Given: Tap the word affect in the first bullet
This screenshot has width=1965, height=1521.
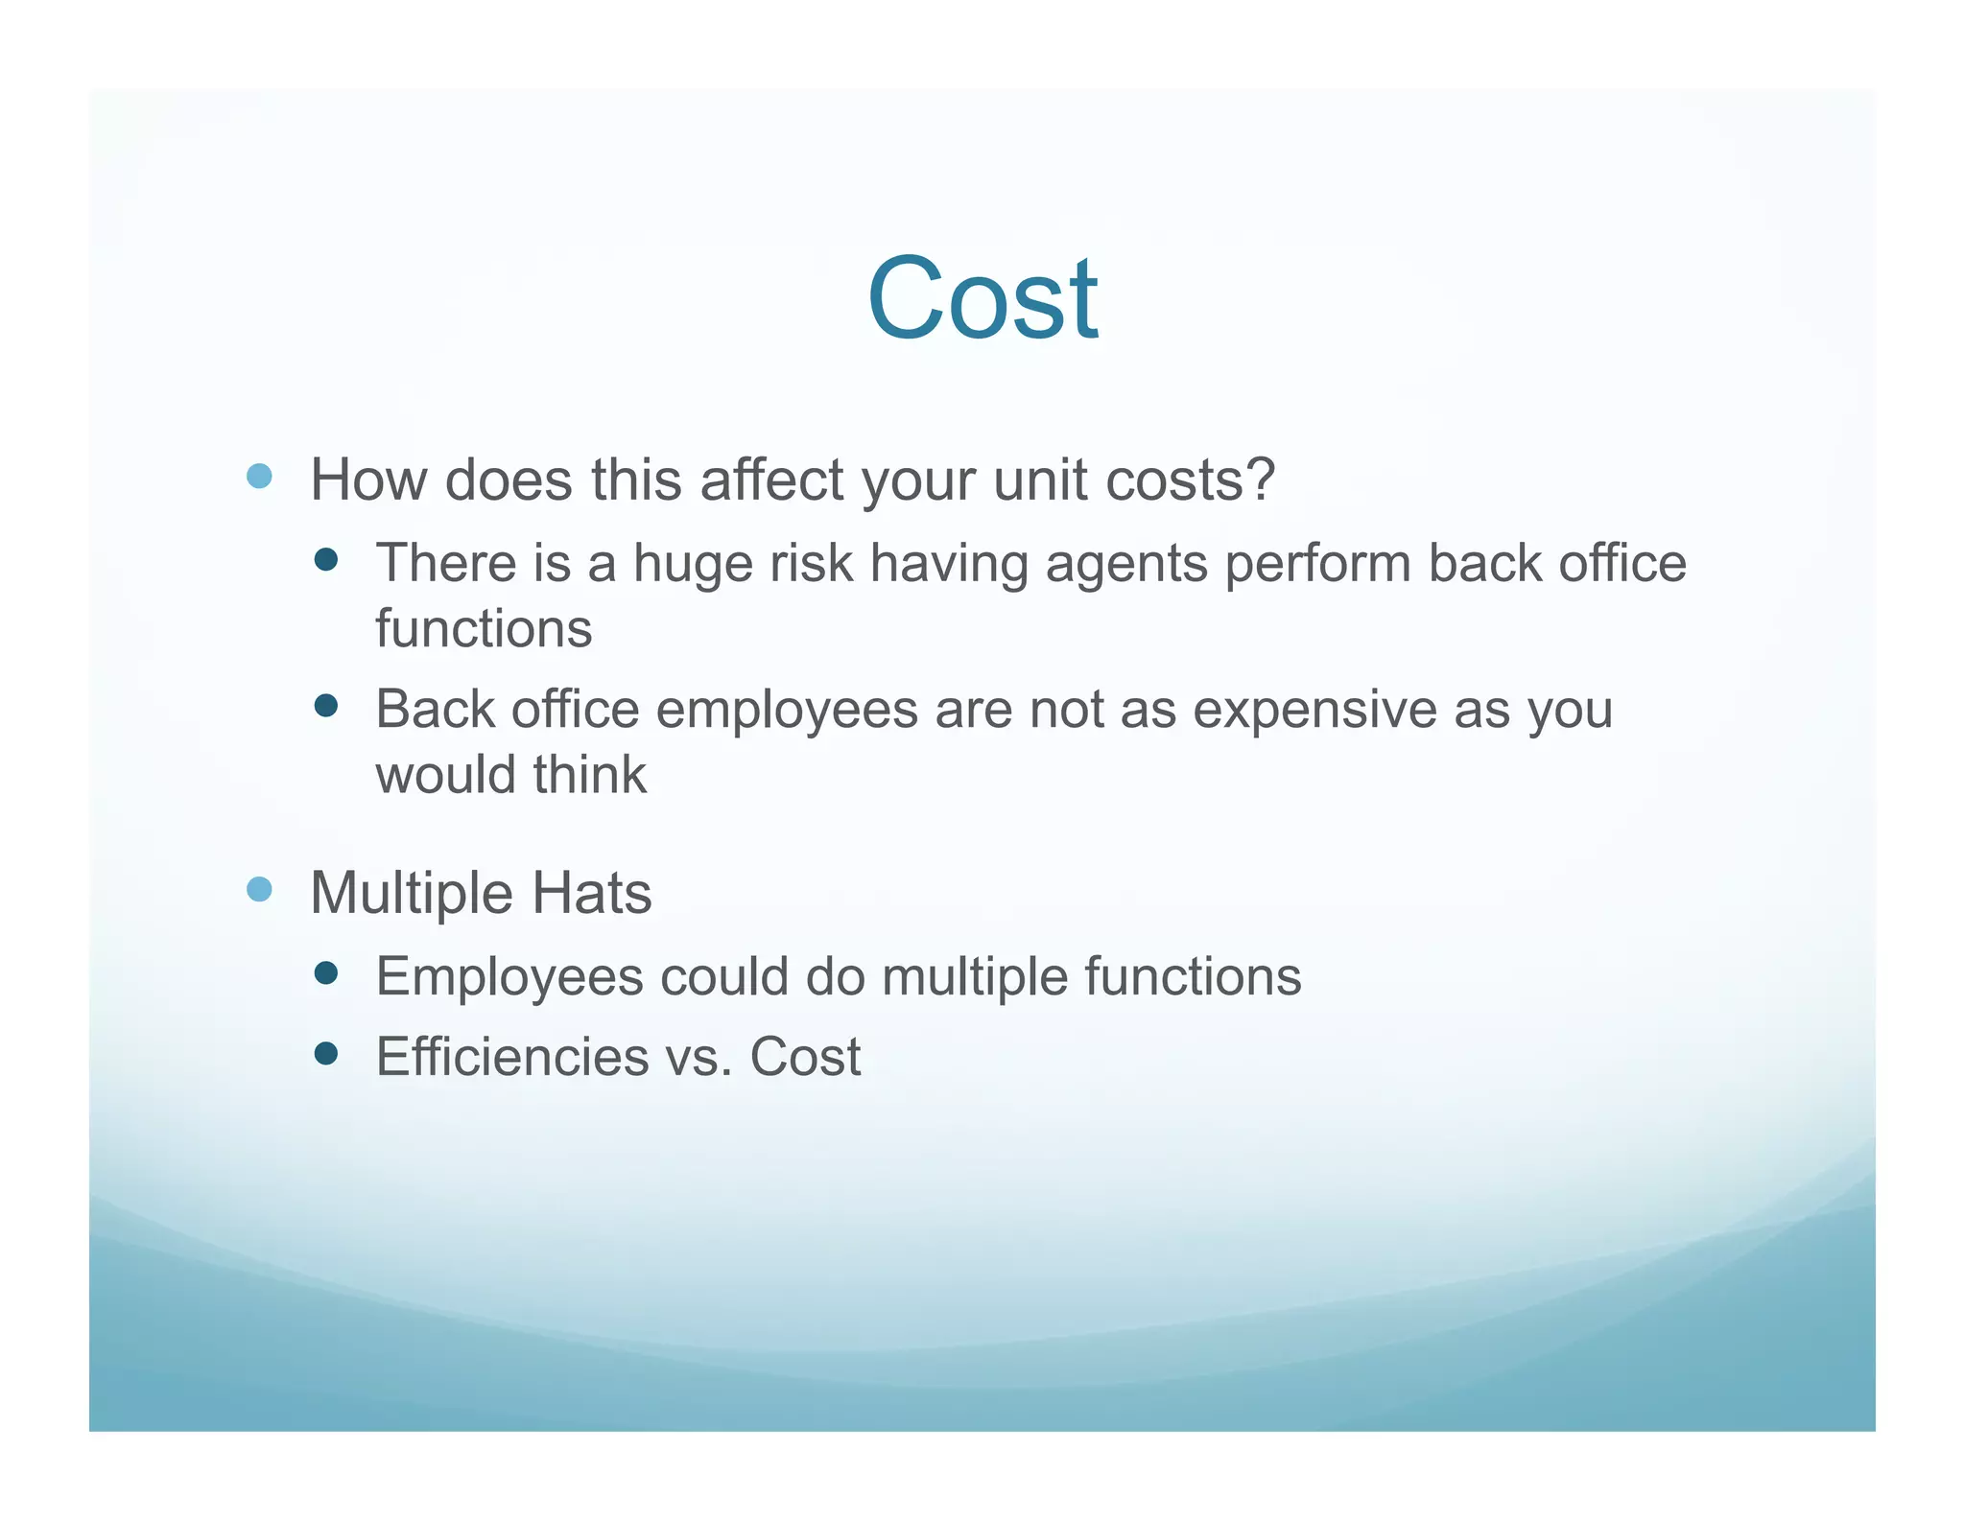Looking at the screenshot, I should [772, 479].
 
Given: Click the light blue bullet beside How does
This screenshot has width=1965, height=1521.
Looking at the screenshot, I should [259, 476].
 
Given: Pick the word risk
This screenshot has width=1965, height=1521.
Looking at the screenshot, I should [811, 563].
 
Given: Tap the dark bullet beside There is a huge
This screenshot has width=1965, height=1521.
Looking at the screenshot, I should [326, 559].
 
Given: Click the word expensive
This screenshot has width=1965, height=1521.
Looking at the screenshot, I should [1314, 711].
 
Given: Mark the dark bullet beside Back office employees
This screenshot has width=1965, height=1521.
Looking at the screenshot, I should [326, 706].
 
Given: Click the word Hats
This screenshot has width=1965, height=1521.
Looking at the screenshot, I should [591, 893].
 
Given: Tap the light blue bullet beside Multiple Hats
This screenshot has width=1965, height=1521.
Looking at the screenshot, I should [259, 889].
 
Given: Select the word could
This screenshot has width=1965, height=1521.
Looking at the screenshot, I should [724, 976].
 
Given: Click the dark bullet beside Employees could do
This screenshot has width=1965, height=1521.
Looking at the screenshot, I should [326, 973].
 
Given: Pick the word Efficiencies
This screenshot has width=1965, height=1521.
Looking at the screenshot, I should [512, 1057].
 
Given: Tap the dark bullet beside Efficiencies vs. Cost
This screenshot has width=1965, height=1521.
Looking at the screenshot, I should [326, 1054].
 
